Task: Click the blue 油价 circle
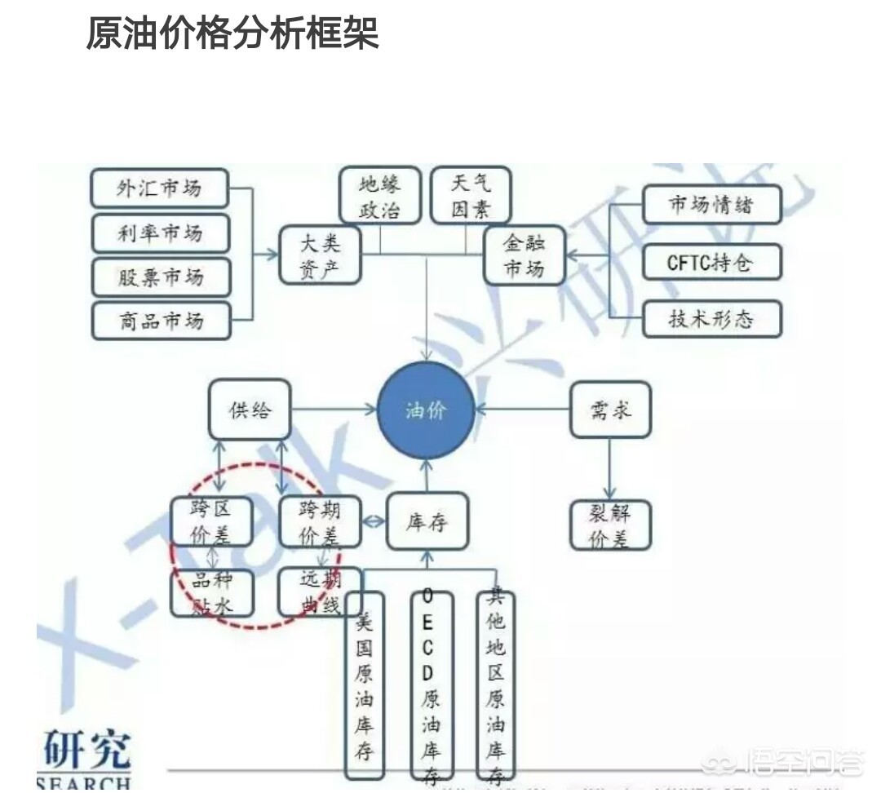426,410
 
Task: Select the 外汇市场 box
159,189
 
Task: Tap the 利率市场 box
160,234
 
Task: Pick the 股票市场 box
161,277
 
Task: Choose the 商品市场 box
161,321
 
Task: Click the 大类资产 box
320,255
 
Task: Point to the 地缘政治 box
379,196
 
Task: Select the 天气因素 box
471,196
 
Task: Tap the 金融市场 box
524,255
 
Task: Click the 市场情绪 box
711,204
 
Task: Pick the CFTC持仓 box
711,263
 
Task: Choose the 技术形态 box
711,319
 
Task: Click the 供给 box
249,410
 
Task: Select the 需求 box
610,408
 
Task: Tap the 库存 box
427,521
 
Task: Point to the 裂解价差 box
610,525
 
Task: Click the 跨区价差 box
211,521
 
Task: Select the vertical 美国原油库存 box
364,684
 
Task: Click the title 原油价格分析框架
232,34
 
